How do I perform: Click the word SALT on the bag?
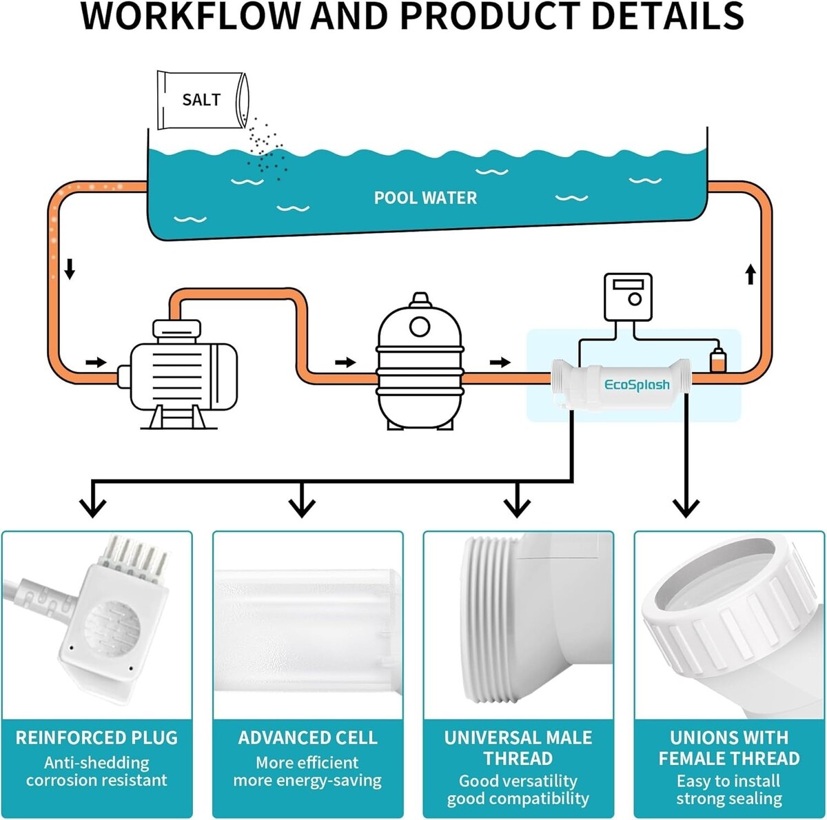201,100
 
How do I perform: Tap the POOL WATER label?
425,198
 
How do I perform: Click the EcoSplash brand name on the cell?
637,385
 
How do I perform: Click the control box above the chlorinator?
628,297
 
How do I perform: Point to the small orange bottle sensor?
717,360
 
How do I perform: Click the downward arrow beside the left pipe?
70,269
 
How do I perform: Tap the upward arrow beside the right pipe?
751,275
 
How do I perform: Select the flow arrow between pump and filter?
345,362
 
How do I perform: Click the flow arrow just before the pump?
96,362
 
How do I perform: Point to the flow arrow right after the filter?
501,362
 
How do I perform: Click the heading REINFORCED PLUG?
96,738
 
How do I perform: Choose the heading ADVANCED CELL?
307,738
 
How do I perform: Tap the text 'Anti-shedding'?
96,763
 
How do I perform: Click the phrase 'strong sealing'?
728,799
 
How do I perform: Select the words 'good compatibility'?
518,799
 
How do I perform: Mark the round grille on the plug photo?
112,627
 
